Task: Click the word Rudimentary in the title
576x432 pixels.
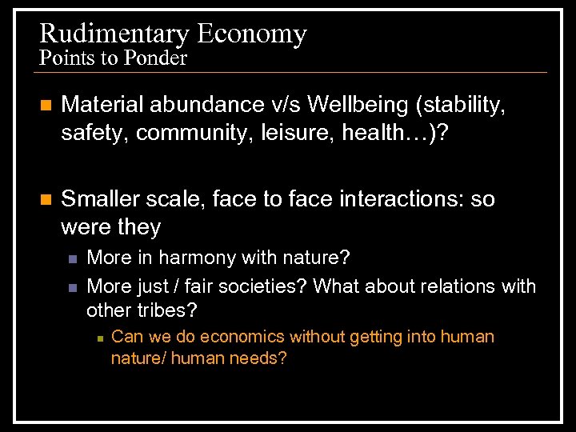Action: pos(114,34)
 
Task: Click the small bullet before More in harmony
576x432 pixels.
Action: pos(72,259)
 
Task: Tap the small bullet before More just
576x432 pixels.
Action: pos(72,286)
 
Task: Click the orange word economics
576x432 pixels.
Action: pos(241,337)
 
